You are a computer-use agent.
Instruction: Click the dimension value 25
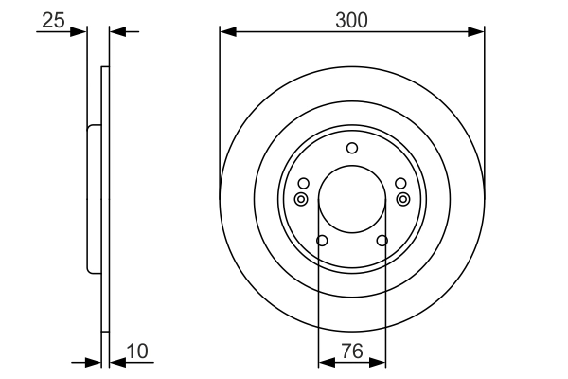point(53,19)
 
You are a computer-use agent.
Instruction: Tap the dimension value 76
point(352,352)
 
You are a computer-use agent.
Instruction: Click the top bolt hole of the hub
point(352,147)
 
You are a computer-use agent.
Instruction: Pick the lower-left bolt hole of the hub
point(322,241)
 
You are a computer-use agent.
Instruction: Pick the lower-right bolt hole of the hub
point(382,241)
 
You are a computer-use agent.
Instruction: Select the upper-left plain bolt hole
point(303,183)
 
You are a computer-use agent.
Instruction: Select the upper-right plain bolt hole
point(400,183)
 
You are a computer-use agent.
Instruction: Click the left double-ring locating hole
point(301,198)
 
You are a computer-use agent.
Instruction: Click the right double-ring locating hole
point(403,198)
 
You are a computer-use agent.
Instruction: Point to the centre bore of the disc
point(352,199)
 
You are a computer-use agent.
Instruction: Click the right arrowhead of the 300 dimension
point(479,32)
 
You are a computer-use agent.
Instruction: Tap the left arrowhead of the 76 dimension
point(324,361)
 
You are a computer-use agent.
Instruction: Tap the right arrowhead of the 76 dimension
point(380,361)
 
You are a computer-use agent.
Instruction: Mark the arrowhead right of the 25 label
point(80,32)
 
